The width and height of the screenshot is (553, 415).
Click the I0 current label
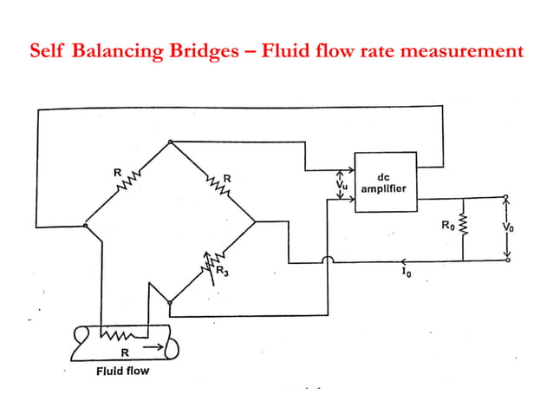pyautogui.click(x=406, y=271)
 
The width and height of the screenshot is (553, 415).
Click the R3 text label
pyautogui.click(x=223, y=273)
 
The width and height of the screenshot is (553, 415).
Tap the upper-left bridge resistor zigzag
pyautogui.click(x=127, y=181)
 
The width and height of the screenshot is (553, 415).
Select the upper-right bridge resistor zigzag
pyautogui.click(x=213, y=181)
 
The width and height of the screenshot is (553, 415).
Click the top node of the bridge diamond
pyautogui.click(x=171, y=141)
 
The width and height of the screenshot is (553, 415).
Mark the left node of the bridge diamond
pyautogui.click(x=86, y=225)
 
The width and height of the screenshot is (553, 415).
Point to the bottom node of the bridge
pyautogui.click(x=171, y=303)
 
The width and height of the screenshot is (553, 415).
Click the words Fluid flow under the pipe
pyautogui.click(x=122, y=371)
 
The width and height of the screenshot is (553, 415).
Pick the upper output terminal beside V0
pyautogui.click(x=508, y=198)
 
